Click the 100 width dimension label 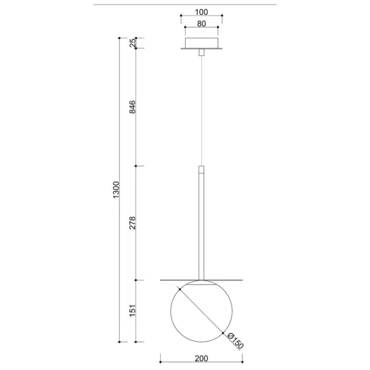coord(202,12)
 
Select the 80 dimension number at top coord(202,24)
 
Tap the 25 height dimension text coord(133,42)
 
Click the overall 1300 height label coord(115,190)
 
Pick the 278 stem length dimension coord(133,223)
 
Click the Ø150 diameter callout coord(233,340)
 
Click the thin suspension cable coord(202,108)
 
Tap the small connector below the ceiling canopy coord(202,53)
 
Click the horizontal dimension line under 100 coord(202,18)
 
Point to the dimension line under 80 coord(202,31)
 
